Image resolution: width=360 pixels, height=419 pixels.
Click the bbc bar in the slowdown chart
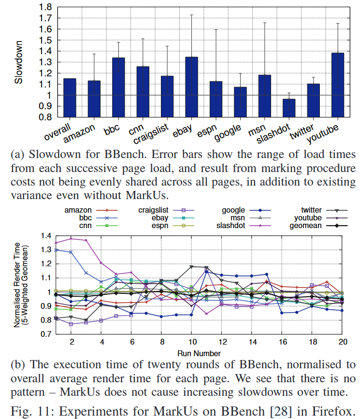point(118,87)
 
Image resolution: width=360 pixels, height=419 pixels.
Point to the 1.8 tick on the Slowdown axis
point(45,7)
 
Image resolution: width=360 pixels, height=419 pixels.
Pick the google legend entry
point(234,210)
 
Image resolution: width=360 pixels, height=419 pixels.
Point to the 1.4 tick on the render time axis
point(45,236)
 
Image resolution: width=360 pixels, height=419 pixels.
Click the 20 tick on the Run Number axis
point(342,341)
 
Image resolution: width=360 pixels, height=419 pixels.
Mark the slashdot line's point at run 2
point(72,238)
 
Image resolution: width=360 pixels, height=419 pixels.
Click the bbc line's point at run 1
point(56,250)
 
